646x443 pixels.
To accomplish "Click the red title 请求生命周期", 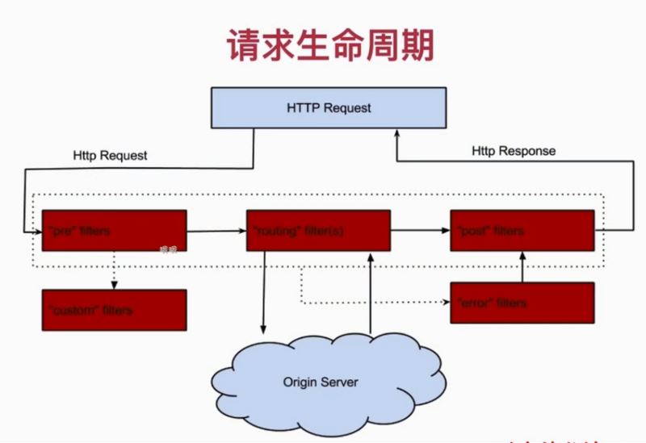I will point(330,46).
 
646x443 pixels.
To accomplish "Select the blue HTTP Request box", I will point(329,107).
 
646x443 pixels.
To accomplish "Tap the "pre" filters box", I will point(114,230).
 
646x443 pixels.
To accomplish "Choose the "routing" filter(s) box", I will point(318,230).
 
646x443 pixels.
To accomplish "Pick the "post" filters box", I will point(522,230).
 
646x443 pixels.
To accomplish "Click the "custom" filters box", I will point(114,309).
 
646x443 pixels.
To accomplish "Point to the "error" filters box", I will point(522,303).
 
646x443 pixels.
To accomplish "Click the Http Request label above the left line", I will point(110,155).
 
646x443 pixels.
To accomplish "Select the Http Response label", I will point(514,151).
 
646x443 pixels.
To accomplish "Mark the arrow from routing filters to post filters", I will point(420,230).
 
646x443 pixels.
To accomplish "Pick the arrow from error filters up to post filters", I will point(522,266).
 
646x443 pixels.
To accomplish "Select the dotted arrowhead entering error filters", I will point(445,303).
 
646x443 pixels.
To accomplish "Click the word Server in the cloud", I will point(339,382).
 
